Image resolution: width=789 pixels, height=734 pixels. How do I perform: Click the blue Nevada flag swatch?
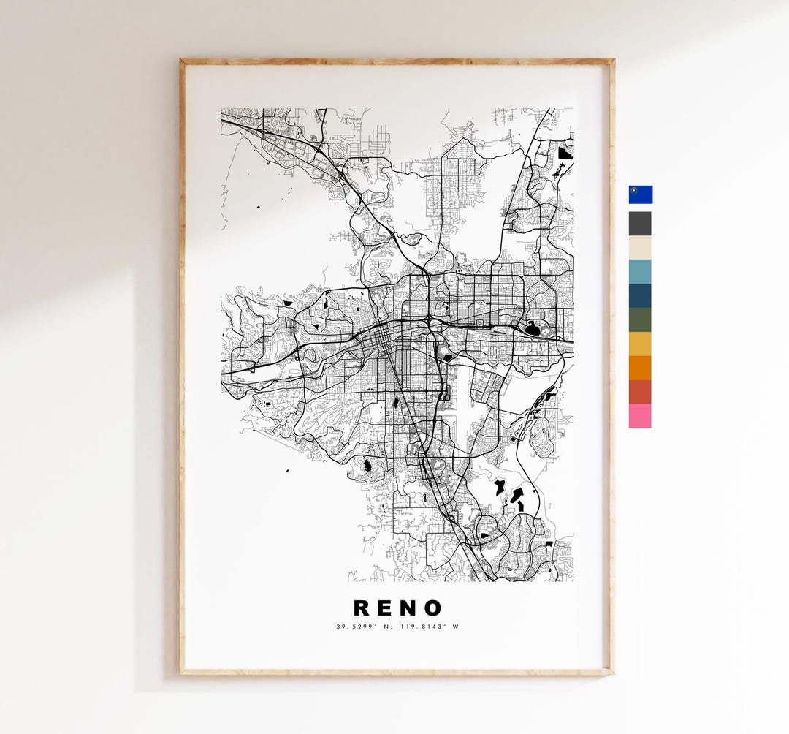pyautogui.click(x=640, y=194)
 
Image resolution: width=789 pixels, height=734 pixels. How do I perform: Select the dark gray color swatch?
pyautogui.click(x=640, y=224)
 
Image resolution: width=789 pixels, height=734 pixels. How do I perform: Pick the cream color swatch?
pyautogui.click(x=640, y=248)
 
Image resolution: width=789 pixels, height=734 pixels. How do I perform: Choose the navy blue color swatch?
pyautogui.click(x=640, y=296)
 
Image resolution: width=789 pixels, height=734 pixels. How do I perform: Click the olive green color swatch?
pyautogui.click(x=640, y=320)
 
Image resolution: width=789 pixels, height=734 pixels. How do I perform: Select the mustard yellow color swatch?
pyautogui.click(x=640, y=344)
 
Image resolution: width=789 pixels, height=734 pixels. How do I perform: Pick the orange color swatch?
pyautogui.click(x=640, y=368)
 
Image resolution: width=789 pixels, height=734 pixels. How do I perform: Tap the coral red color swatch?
pyautogui.click(x=640, y=392)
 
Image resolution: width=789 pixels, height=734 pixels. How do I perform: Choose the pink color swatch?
pyautogui.click(x=640, y=416)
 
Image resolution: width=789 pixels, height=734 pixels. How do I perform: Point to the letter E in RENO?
pyautogui.click(x=386, y=608)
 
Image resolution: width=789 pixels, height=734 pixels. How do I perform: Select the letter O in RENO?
pyautogui.click(x=432, y=608)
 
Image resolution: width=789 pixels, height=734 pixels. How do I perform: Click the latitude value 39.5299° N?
pyautogui.click(x=365, y=627)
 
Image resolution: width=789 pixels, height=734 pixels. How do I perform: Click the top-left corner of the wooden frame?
pyautogui.click(x=182, y=61)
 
